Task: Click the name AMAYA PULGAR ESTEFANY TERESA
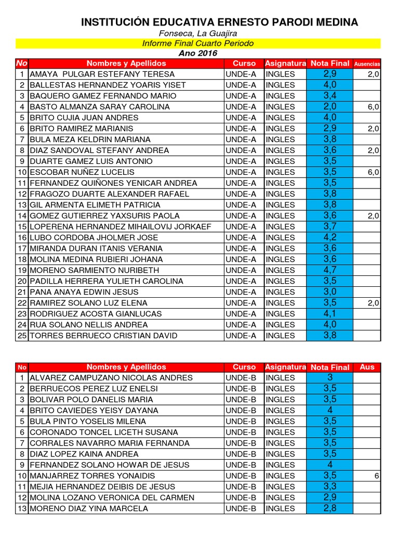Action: tap(102, 74)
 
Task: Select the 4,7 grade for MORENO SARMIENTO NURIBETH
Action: tap(330, 270)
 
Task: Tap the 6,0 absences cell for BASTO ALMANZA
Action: tap(373, 107)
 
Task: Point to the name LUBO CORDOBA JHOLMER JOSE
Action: tap(94, 237)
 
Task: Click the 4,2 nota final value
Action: tap(330, 237)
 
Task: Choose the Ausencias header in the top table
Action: tap(367, 64)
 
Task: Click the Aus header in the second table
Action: tap(367, 367)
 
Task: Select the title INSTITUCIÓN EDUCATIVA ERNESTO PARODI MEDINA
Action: tap(220, 22)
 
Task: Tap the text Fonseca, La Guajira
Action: tap(198, 34)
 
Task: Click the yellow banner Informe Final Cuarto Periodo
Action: tap(198, 43)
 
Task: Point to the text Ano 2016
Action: tap(198, 53)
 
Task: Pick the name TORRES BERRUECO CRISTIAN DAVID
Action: tap(104, 335)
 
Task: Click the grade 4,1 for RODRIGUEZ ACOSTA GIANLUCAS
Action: tap(330, 313)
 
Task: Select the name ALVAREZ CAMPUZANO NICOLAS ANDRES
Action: tap(111, 378)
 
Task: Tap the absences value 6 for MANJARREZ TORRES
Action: tap(376, 476)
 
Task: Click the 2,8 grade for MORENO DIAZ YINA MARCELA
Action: tap(330, 509)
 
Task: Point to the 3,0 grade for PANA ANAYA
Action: tap(330, 291)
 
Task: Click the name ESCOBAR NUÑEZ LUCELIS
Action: tap(82, 172)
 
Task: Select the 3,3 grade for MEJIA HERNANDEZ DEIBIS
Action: tap(330, 487)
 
